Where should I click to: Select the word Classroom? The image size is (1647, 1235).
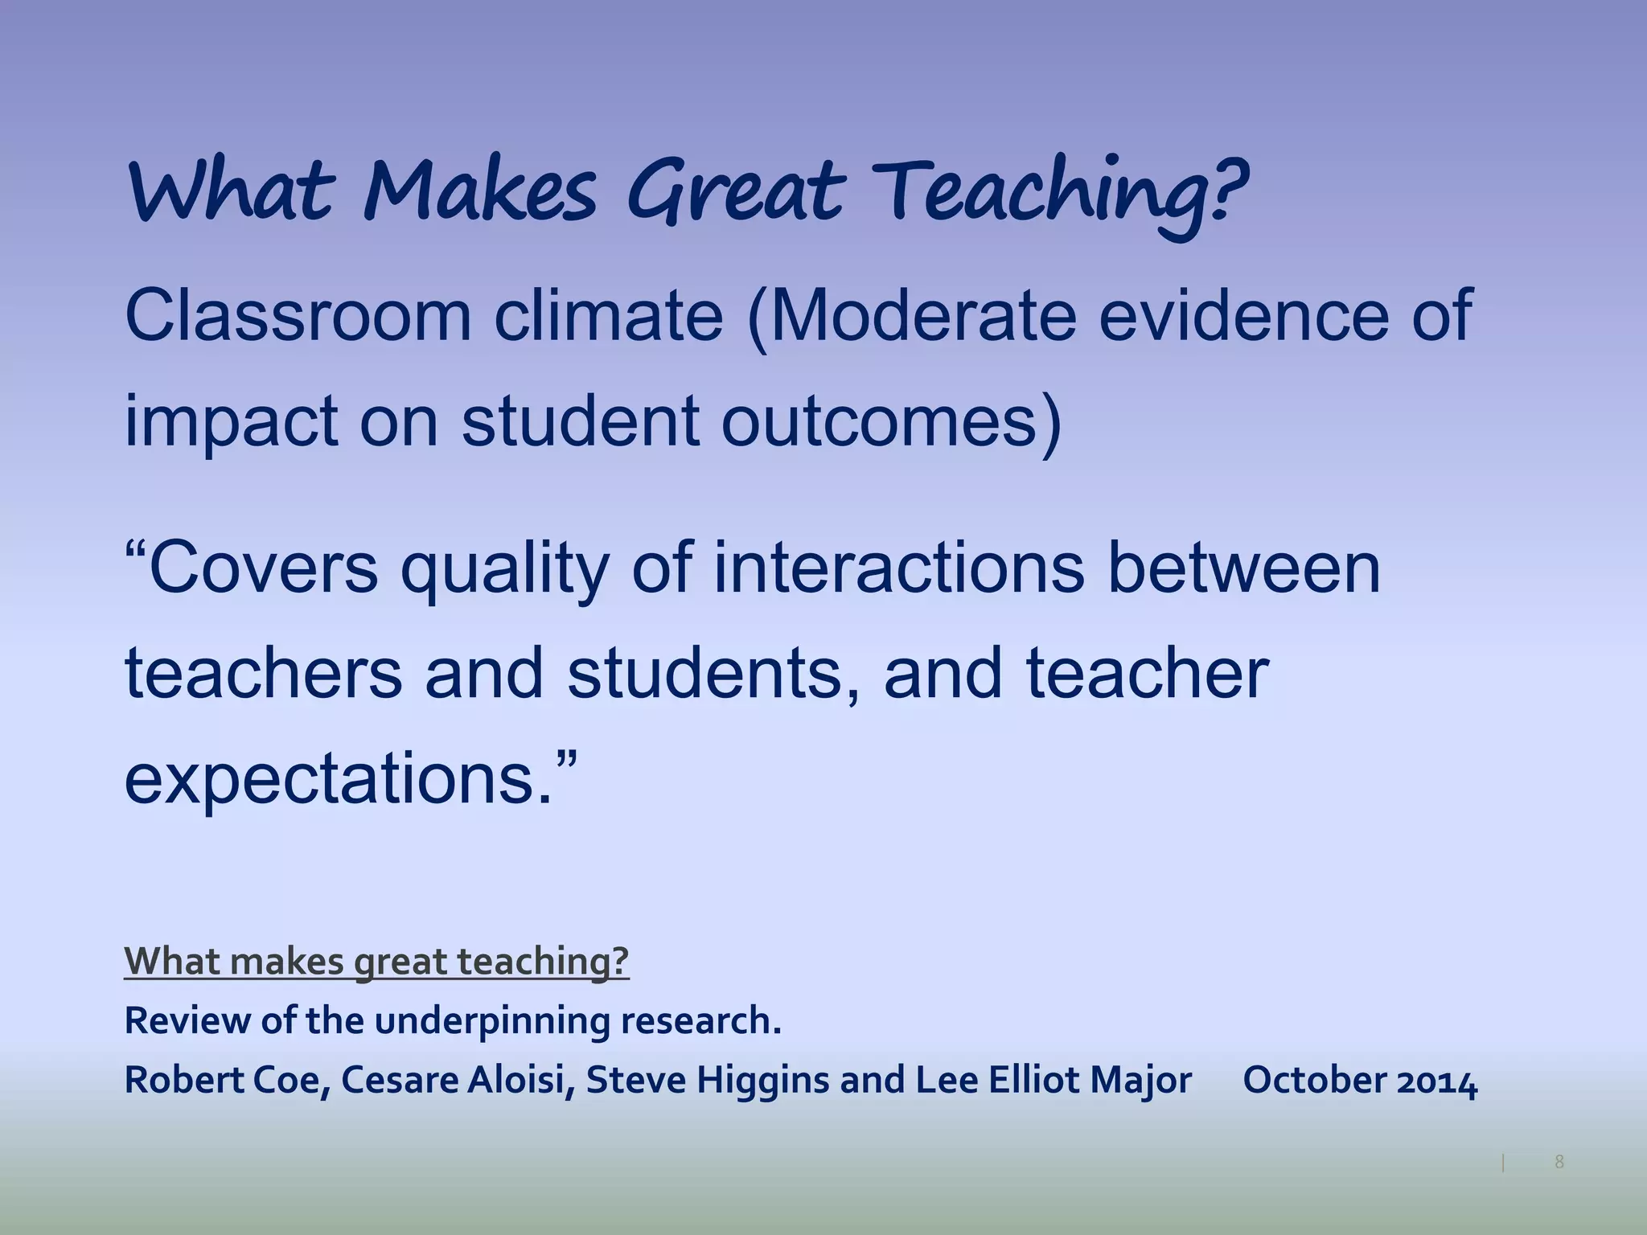coord(298,316)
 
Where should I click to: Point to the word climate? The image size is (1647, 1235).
coord(609,316)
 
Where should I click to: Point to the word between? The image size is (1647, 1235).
coord(1244,568)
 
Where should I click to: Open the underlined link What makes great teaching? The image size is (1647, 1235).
coord(376,961)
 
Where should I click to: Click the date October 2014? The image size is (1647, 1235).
coord(1360,1080)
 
